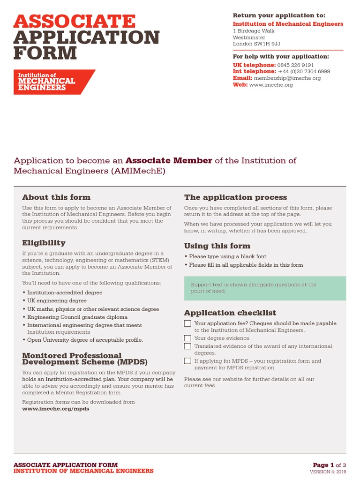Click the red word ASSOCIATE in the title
[x=75, y=22]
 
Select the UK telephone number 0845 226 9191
[x=295, y=65]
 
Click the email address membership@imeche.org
[x=287, y=78]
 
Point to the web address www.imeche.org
[x=271, y=85]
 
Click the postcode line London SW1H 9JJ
[x=256, y=44]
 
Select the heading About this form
[x=56, y=197]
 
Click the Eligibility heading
[x=44, y=243]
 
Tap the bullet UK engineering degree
[x=57, y=301]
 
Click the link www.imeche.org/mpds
[x=55, y=409]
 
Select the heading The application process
[x=235, y=197]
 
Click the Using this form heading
[x=217, y=246]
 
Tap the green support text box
[x=265, y=288]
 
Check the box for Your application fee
[x=187, y=323]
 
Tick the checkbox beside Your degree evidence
[x=187, y=338]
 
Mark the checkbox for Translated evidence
[x=187, y=346]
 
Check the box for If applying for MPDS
[x=187, y=361]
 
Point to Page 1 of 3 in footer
[x=329, y=465]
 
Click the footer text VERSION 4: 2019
[x=328, y=472]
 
